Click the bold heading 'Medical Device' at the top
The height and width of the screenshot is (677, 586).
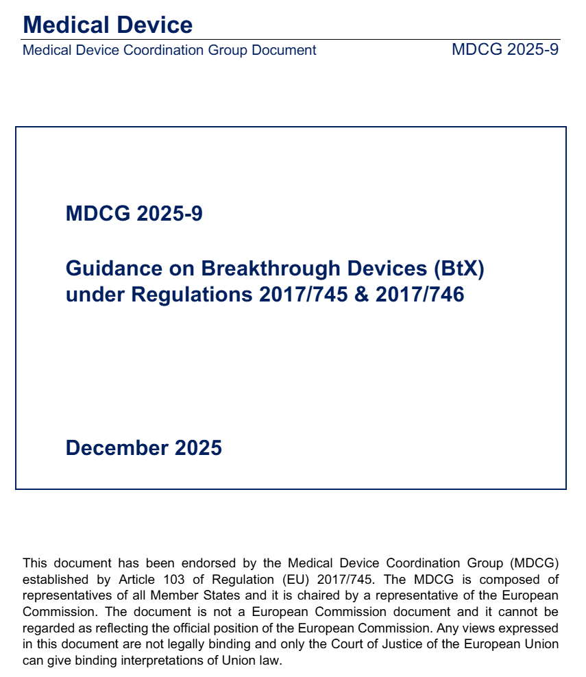(x=108, y=25)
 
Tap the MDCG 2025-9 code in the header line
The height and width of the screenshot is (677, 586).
(x=505, y=50)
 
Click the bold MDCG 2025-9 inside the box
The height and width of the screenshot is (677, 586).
(x=134, y=214)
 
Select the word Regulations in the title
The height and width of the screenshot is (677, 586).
(x=192, y=295)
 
